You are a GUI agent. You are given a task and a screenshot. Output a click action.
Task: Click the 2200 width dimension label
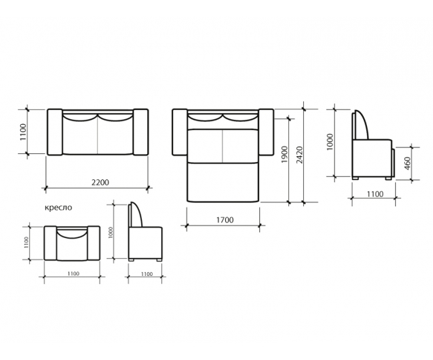click(x=100, y=183)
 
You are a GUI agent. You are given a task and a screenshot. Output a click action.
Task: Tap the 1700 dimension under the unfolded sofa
click(x=224, y=220)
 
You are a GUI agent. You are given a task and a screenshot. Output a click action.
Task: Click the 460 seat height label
click(x=407, y=163)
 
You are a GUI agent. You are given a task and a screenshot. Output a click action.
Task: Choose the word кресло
click(x=58, y=207)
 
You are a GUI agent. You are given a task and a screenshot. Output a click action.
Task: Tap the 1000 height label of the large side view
click(x=330, y=142)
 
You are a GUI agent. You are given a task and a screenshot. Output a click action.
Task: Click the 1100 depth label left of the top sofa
click(x=23, y=132)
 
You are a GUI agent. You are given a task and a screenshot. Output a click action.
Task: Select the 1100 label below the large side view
click(x=375, y=194)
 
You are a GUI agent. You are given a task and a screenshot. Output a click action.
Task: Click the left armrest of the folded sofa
click(x=55, y=132)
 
